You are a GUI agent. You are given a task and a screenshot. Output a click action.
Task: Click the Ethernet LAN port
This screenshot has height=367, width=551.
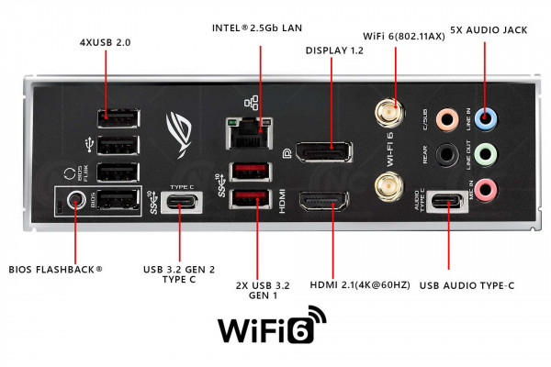click(247, 136)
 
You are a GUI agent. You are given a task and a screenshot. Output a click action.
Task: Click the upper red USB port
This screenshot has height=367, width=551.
click(247, 172)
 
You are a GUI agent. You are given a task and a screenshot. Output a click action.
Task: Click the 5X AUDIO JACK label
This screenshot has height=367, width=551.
click(489, 30)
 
